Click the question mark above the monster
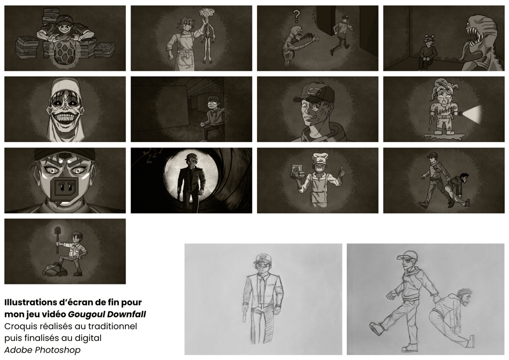click(296, 15)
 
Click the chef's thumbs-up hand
click(341, 171)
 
